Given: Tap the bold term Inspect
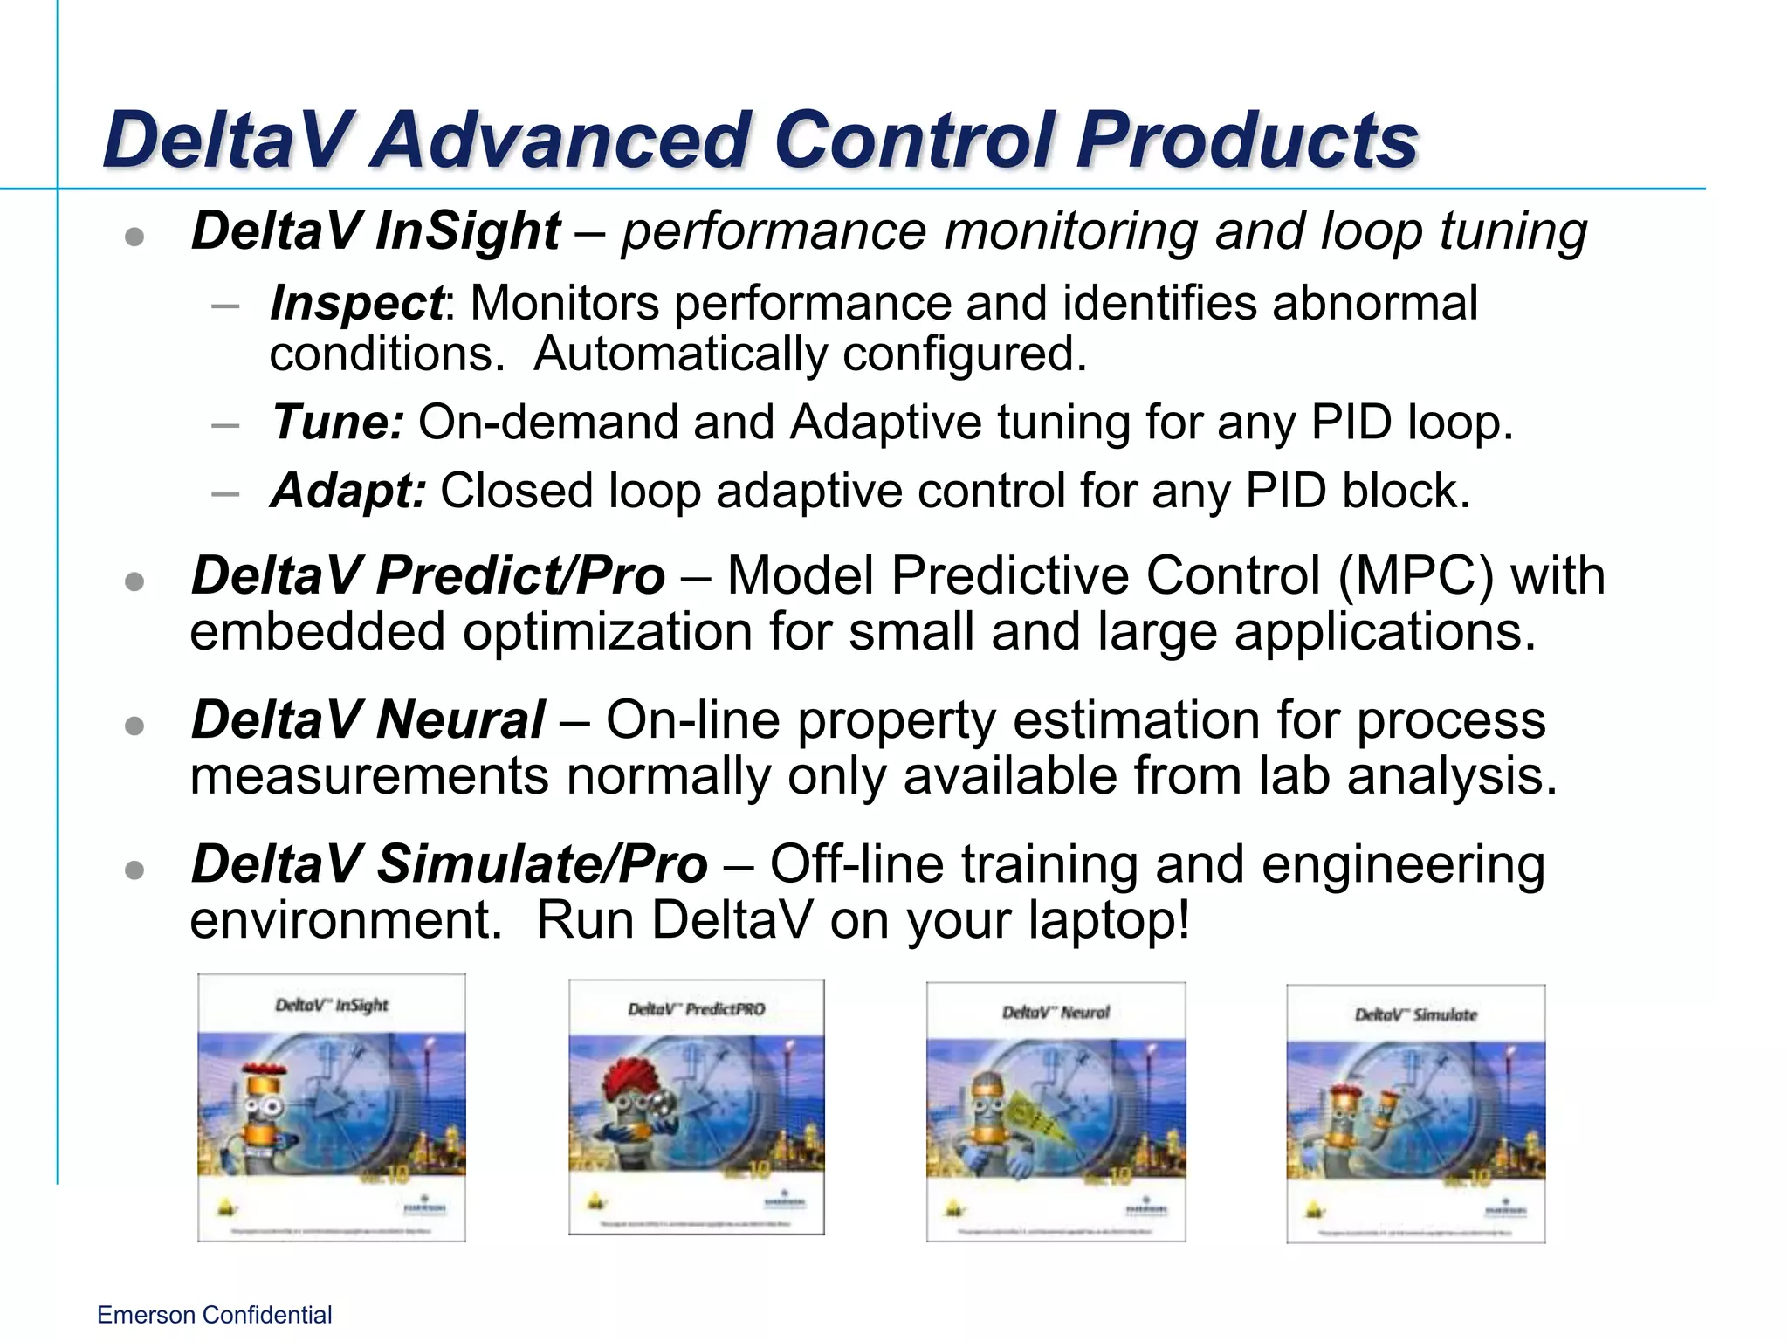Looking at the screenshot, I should pos(356,304).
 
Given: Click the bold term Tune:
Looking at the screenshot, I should pos(337,423).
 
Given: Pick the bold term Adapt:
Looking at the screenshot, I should pos(347,491).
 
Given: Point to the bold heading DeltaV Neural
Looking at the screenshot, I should pos(367,720).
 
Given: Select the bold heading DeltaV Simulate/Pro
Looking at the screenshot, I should pos(449,864).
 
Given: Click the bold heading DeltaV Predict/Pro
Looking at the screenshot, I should pos(428,576).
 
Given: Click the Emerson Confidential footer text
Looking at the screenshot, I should pos(214,1315).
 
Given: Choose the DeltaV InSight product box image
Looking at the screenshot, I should pos(332,1107).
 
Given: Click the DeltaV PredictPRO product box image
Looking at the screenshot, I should pos(696,1107).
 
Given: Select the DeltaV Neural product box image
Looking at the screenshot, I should pos(1056,1111).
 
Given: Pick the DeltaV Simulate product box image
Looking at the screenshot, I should pos(1415,1113).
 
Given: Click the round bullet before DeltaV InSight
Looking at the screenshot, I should pos(134,237).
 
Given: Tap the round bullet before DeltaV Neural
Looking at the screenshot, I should pos(134,726).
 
